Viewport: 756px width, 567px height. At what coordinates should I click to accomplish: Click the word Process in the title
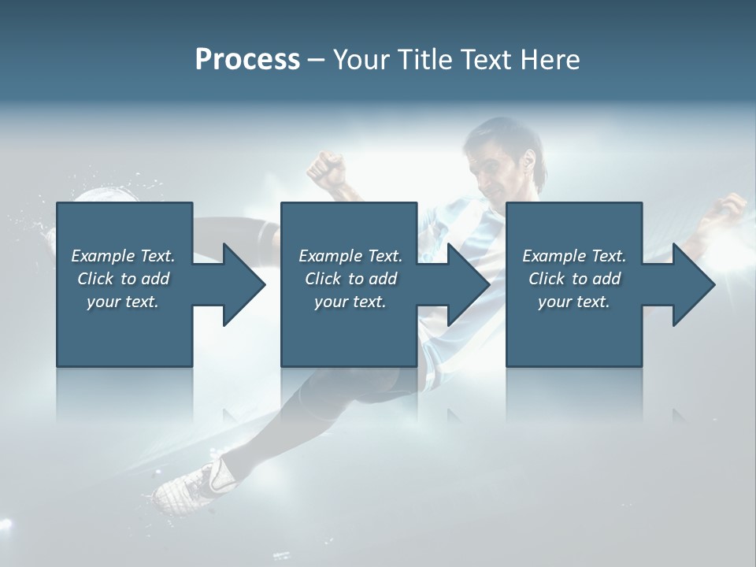[247, 60]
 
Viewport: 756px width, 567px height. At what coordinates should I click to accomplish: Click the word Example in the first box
[103, 256]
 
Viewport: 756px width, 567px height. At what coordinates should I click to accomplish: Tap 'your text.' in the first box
[123, 302]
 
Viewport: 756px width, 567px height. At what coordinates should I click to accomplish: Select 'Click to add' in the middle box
[350, 279]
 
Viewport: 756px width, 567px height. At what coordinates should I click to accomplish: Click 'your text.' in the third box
[574, 302]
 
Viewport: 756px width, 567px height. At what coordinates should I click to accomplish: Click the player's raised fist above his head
[327, 168]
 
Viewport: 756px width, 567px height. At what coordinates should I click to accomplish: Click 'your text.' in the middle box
[350, 302]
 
